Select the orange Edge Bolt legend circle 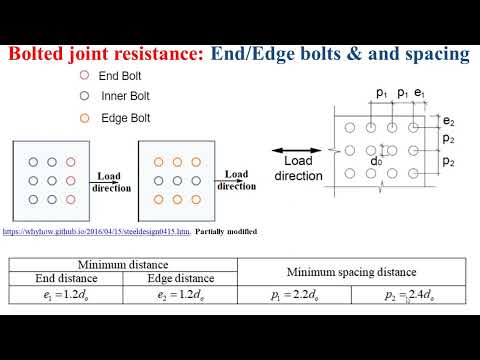(x=85, y=117)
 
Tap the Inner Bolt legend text (x=126, y=96)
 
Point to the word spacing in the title (x=436, y=53)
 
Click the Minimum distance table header (x=122, y=264)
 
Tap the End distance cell (x=64, y=278)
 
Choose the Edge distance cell (x=179, y=278)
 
